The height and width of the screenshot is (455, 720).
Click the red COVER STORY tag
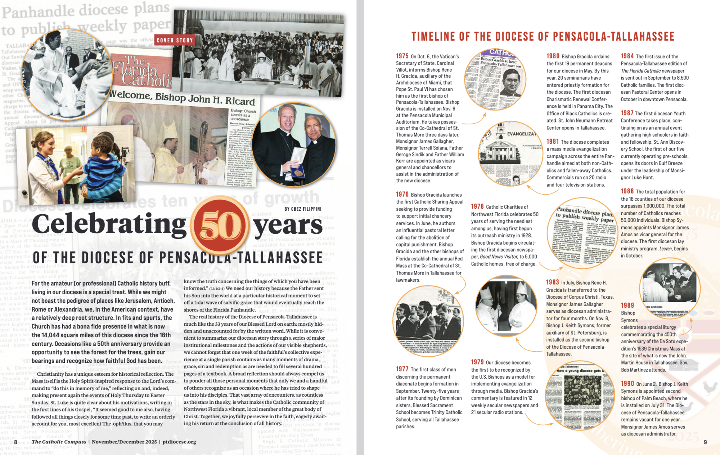point(175,40)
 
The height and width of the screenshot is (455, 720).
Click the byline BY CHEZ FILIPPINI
point(303,209)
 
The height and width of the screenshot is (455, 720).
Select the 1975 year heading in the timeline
point(402,56)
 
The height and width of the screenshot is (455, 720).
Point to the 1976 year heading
point(402,195)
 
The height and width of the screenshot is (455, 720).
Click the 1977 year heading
point(402,369)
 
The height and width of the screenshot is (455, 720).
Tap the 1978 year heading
point(477,206)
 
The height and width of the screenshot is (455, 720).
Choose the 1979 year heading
point(477,362)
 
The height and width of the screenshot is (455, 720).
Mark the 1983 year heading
point(553,282)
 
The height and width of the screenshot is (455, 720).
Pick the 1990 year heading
point(627,384)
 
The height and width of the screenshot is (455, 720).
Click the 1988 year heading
point(627,191)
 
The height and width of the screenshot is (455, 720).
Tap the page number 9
point(705,442)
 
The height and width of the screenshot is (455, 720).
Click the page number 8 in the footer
point(15,442)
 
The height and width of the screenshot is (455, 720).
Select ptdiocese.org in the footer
point(179,442)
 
